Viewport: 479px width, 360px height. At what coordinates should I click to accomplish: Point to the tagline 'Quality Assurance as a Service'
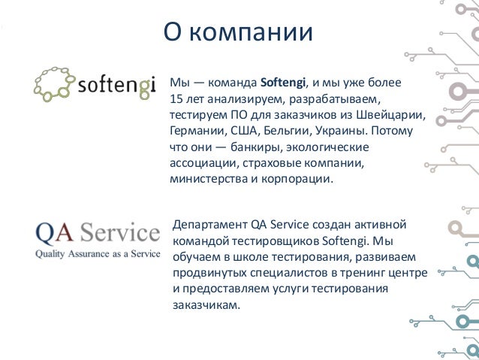pyautogui.click(x=94, y=254)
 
